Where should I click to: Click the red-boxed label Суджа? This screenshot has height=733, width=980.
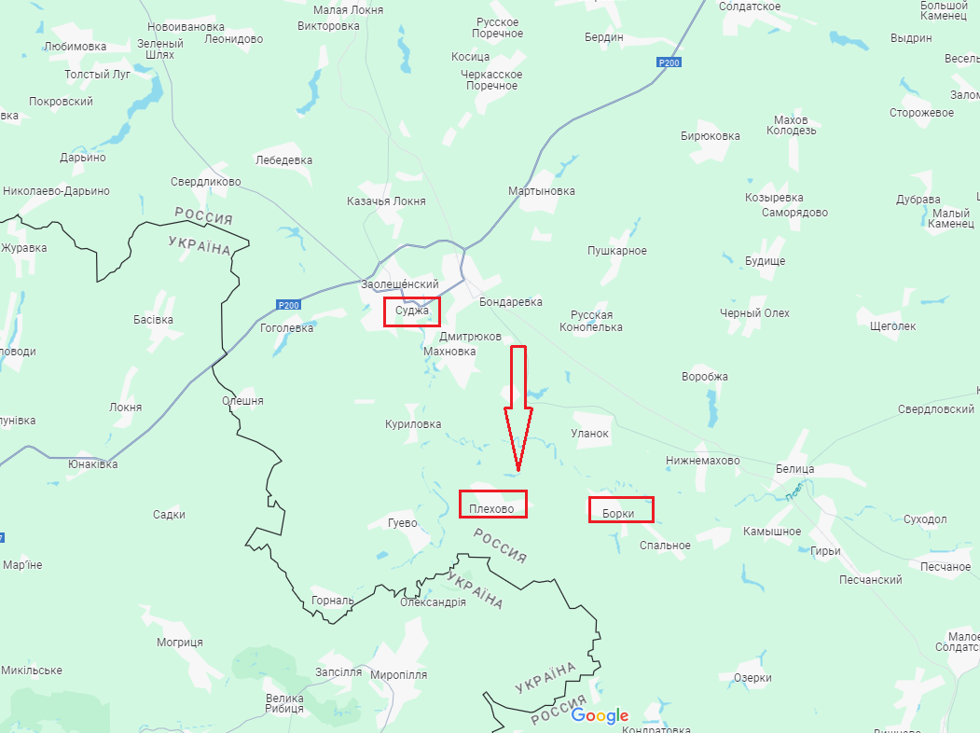tap(411, 311)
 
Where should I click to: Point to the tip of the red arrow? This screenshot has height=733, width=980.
tap(518, 469)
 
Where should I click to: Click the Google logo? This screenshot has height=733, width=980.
tap(600, 715)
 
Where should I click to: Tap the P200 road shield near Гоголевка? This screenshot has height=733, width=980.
tap(289, 305)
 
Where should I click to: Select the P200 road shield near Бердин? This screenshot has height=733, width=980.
tap(668, 62)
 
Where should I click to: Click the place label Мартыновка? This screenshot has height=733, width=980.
tap(541, 191)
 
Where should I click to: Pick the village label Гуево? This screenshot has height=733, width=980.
tap(403, 523)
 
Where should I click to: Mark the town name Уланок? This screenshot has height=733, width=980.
tap(589, 434)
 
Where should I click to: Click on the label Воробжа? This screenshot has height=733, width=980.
tap(705, 377)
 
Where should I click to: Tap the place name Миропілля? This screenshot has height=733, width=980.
tap(398, 674)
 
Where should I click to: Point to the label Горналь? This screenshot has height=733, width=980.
tap(333, 601)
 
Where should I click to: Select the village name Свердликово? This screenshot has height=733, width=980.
tap(206, 182)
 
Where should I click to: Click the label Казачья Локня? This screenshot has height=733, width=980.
tap(386, 201)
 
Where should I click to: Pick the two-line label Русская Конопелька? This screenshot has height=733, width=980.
tap(591, 322)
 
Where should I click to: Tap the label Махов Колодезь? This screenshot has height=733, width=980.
tap(792, 125)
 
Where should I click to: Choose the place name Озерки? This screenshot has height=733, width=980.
tap(752, 678)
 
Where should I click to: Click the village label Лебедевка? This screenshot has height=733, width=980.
tap(283, 159)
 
